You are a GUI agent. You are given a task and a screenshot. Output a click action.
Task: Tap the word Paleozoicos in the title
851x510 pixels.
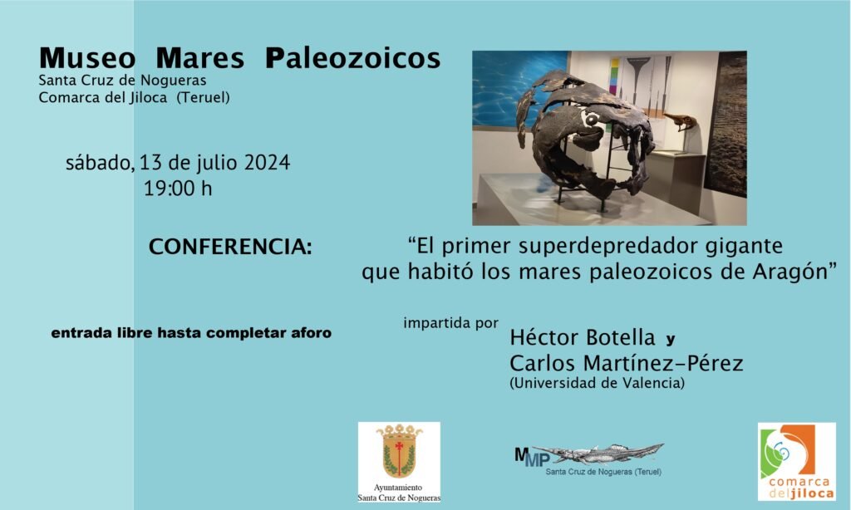click(352, 59)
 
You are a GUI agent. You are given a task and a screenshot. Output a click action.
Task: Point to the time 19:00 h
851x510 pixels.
click(178, 189)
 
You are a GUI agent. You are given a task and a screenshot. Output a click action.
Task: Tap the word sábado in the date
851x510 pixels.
click(99, 163)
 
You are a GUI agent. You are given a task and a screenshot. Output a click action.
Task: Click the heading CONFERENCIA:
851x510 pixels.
click(230, 248)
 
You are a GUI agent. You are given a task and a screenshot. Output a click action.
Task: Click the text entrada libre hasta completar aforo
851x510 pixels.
click(191, 333)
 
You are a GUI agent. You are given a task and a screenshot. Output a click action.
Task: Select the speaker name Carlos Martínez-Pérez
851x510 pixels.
click(626, 364)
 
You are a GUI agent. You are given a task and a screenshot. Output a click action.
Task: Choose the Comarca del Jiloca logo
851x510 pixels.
click(796, 462)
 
